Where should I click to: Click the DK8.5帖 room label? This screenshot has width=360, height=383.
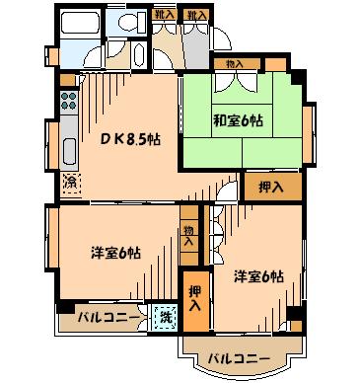[x=130, y=139]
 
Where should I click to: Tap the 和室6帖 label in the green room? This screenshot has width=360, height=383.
[x=239, y=120]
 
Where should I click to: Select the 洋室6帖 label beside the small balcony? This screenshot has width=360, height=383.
[x=116, y=253]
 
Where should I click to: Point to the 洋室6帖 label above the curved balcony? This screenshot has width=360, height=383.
[x=259, y=276]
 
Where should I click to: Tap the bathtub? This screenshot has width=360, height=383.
[x=80, y=23]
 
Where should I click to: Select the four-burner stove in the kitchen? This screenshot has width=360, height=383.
[x=69, y=101]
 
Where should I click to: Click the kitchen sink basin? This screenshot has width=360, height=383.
[x=69, y=151]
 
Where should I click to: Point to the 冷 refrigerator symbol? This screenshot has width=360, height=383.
[x=71, y=183]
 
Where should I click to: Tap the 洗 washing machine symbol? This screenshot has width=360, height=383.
[x=166, y=317]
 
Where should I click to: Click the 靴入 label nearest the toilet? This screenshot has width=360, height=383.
[x=164, y=15]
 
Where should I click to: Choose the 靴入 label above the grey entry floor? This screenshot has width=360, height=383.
[x=195, y=15]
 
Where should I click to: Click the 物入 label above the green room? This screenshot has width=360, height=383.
[x=235, y=64]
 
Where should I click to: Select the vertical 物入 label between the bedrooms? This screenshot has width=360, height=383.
[x=188, y=236]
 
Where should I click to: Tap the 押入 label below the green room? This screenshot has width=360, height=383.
[x=271, y=188]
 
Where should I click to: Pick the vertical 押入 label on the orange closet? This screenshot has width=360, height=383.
[x=195, y=298]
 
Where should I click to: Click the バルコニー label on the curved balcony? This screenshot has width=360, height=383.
[x=240, y=358]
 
